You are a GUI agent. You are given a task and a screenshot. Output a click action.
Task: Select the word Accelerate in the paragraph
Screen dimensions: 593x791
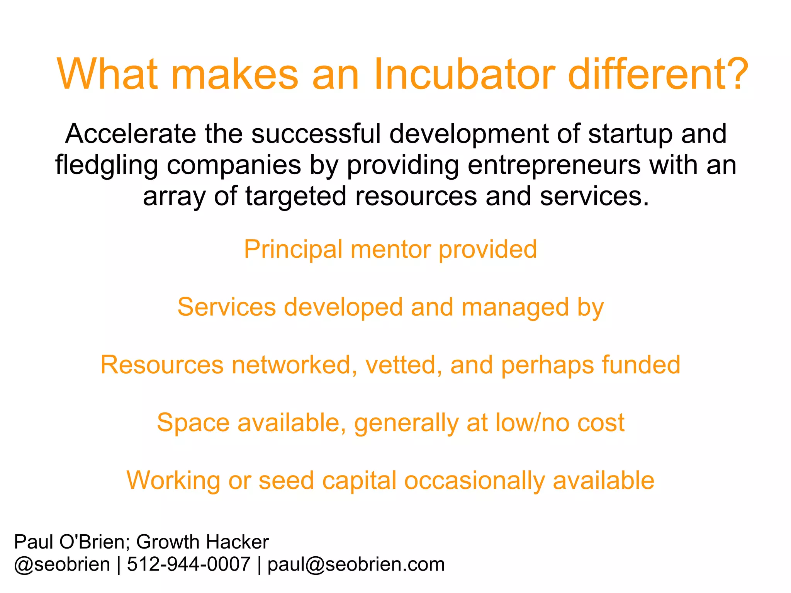(x=130, y=134)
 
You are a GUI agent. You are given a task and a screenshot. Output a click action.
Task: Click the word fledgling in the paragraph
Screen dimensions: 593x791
(x=106, y=165)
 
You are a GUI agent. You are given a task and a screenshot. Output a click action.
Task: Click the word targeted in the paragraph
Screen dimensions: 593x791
(x=295, y=196)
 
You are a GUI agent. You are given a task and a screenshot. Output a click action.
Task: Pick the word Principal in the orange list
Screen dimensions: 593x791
(x=293, y=250)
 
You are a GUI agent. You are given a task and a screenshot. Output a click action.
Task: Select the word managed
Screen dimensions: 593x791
(x=515, y=308)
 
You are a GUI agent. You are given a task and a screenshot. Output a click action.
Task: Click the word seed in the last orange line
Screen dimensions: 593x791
(x=286, y=481)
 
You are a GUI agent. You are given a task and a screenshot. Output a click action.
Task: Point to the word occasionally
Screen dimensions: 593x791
(x=474, y=481)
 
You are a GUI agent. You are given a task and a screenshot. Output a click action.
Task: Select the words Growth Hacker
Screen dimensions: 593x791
(x=202, y=542)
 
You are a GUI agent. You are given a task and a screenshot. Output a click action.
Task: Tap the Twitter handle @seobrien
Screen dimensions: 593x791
(x=62, y=564)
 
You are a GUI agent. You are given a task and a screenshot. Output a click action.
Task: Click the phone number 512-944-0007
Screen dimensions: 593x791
(x=188, y=564)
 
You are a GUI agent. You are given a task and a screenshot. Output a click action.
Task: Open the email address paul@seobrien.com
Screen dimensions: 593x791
(x=356, y=564)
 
